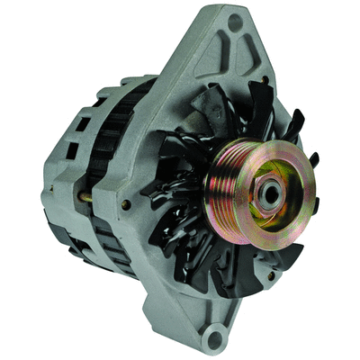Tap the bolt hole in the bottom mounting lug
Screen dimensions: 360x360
[213, 338]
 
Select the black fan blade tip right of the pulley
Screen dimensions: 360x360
[315, 160]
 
